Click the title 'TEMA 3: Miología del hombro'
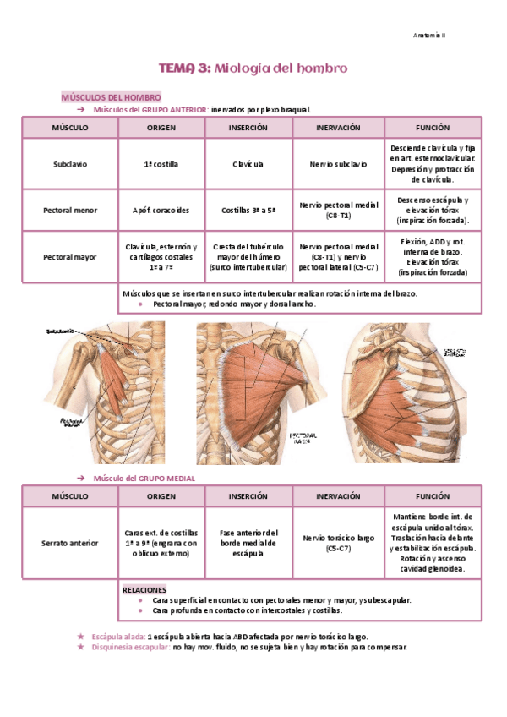[253, 68]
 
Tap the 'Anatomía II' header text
[434, 35]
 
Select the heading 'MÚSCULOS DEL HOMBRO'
[111, 98]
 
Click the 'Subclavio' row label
[69, 164]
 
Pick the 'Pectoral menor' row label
[69, 210]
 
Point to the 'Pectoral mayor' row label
[69, 256]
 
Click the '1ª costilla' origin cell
[161, 164]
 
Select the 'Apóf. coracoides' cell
[161, 210]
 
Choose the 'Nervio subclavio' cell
[337, 164]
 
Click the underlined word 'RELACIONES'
[144, 588]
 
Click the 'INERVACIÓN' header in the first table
[337, 128]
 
